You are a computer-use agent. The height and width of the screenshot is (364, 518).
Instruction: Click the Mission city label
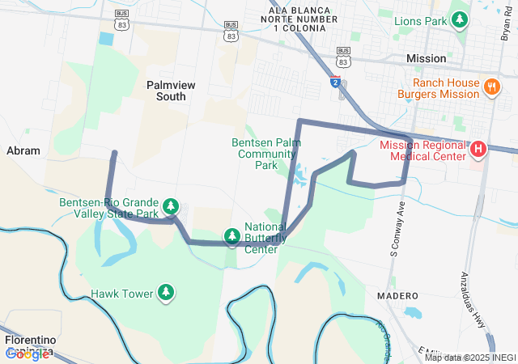point(426,59)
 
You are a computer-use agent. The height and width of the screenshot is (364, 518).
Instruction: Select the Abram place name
point(23,150)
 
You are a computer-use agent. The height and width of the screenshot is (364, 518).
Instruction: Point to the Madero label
point(397,296)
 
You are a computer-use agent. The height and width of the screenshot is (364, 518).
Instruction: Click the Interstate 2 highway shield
point(335,82)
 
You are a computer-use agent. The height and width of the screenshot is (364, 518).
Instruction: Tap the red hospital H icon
point(478,149)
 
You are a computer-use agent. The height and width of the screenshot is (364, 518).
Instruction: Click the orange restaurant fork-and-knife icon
point(490,87)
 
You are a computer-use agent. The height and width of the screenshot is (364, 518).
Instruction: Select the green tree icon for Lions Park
point(460,18)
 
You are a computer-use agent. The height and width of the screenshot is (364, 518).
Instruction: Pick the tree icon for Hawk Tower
point(166,291)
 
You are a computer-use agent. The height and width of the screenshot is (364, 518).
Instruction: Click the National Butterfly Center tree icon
point(232,235)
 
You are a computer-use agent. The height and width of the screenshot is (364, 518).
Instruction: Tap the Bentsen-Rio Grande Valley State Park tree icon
point(170,207)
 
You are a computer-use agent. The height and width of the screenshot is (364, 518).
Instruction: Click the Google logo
point(28,353)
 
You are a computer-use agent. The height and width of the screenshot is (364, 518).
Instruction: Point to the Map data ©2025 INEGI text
point(469,358)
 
